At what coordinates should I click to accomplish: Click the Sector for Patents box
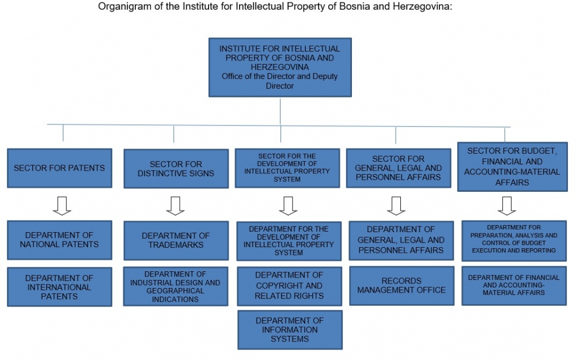(x=59, y=168)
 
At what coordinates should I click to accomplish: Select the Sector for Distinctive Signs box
(x=176, y=169)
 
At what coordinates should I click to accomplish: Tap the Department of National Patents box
(x=59, y=240)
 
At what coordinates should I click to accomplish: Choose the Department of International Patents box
(x=59, y=287)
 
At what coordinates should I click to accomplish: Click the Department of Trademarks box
(x=176, y=240)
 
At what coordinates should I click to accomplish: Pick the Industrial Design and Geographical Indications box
(x=176, y=286)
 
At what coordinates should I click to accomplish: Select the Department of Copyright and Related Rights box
(x=290, y=286)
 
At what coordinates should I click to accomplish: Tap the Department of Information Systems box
(x=290, y=329)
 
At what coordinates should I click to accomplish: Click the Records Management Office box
(x=401, y=286)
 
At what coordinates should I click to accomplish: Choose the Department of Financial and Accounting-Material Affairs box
(x=514, y=286)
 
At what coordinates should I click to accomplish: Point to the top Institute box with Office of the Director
(x=280, y=67)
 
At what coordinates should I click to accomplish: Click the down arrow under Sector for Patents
(x=62, y=206)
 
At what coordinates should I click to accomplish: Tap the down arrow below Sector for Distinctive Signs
(x=175, y=206)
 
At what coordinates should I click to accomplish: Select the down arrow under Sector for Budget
(x=507, y=206)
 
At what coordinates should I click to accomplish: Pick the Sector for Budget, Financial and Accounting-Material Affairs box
(x=513, y=167)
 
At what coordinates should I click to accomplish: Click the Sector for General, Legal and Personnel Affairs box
(x=399, y=168)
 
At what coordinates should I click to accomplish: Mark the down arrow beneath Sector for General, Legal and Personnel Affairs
(x=396, y=206)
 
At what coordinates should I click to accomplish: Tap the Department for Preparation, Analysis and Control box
(x=514, y=241)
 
